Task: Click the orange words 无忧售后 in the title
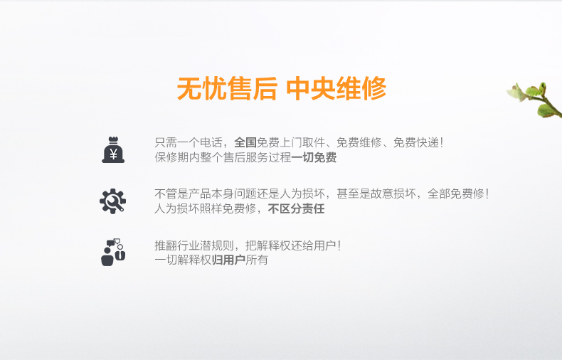[x=227, y=88]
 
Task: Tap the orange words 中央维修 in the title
[x=336, y=88]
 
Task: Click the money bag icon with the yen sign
[x=113, y=150]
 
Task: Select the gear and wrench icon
[x=112, y=201]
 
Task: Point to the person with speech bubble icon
[x=113, y=253]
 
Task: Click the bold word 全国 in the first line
[x=245, y=143]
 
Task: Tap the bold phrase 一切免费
[x=314, y=157]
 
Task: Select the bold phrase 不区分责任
[x=297, y=208]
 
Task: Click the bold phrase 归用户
[x=228, y=260]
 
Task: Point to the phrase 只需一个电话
[x=189, y=143]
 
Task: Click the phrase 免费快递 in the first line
[x=415, y=143]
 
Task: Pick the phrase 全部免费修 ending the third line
[x=456, y=194]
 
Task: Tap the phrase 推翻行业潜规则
[x=194, y=245]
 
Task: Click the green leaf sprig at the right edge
[x=536, y=100]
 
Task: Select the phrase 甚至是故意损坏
[x=376, y=194]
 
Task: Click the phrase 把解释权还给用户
[x=291, y=245]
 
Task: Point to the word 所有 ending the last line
[x=257, y=260]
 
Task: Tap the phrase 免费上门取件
[x=291, y=143]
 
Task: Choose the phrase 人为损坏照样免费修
[x=206, y=208]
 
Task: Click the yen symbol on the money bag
[x=113, y=154]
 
